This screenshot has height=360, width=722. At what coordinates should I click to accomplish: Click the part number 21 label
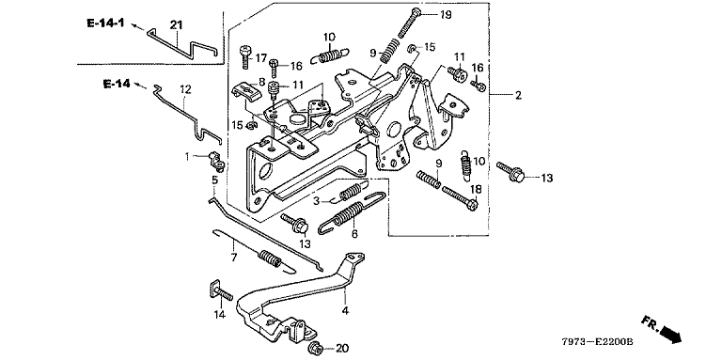[177, 24]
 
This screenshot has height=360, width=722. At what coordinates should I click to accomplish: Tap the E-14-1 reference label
[105, 23]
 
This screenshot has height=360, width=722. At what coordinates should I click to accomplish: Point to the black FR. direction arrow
[671, 334]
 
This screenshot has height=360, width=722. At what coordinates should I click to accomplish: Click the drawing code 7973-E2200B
[597, 342]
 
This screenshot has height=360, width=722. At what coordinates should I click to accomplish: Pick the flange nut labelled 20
[316, 347]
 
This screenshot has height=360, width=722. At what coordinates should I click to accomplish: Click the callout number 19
[446, 15]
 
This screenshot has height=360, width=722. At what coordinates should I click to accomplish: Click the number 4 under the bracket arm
[345, 311]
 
